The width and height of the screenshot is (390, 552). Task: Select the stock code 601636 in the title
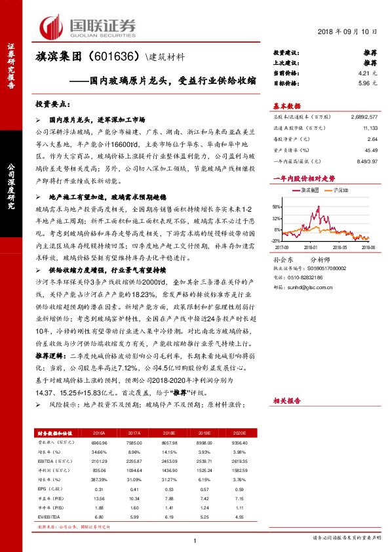[x=116, y=56]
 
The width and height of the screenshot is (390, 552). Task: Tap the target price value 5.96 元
[x=368, y=84]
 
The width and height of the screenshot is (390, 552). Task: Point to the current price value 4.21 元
[x=368, y=73]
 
